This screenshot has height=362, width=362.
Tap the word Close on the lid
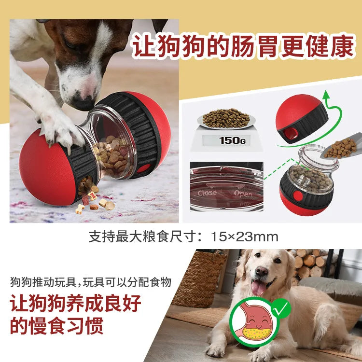click(x=208, y=193)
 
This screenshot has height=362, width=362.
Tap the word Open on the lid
click(x=243, y=194)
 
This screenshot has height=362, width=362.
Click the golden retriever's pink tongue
click(x=259, y=288)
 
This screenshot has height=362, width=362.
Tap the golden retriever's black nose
click(x=262, y=271)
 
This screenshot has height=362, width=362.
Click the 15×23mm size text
click(x=245, y=237)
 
